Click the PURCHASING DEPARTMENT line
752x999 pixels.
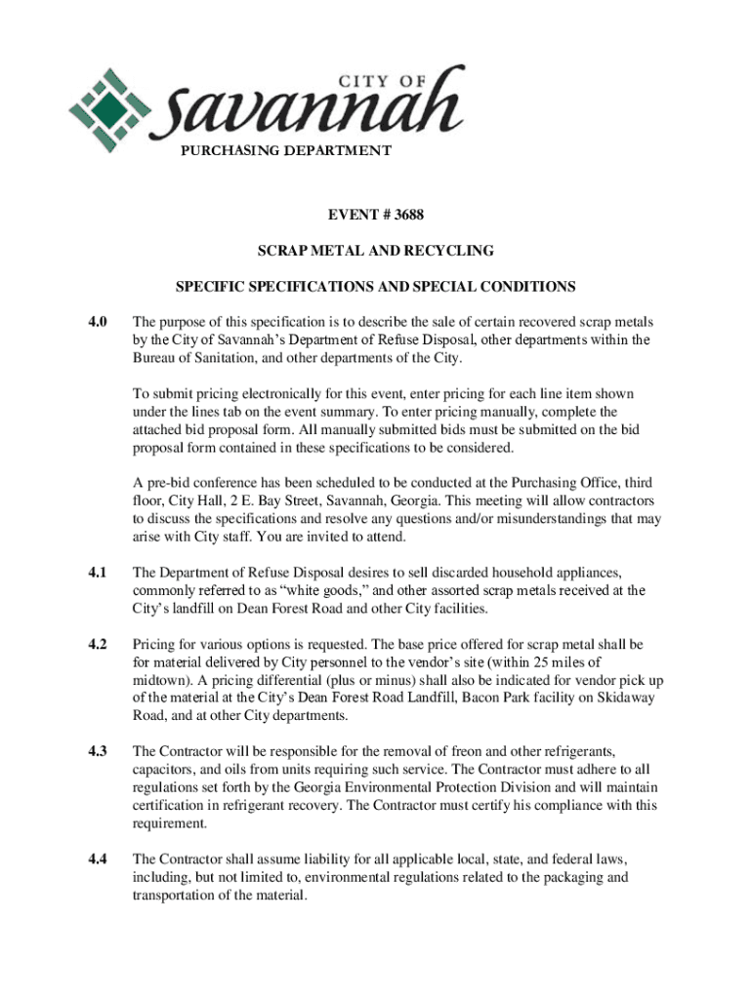pyautogui.click(x=285, y=150)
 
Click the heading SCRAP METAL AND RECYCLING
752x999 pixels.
pyautogui.click(x=375, y=251)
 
